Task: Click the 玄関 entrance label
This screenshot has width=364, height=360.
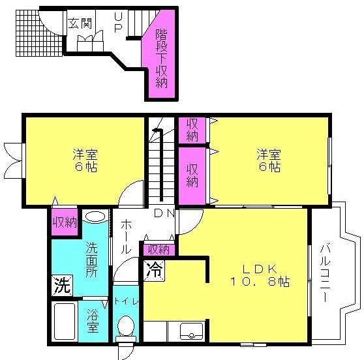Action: pos(80,23)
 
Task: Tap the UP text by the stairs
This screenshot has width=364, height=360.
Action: pos(118,22)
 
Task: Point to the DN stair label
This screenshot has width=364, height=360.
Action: pos(165,213)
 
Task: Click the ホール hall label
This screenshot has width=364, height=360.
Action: pos(126,237)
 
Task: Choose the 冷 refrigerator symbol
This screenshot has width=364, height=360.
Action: pos(154,271)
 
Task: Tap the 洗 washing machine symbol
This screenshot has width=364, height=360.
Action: pos(62,286)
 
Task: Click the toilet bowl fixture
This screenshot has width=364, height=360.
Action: pos(126,328)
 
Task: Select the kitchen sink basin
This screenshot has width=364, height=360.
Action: pos(192,331)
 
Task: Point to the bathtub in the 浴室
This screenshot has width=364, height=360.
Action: pos(65,322)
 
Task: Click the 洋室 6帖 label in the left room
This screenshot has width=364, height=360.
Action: pos(85,160)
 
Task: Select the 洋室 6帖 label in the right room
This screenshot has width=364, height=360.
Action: pos(269,160)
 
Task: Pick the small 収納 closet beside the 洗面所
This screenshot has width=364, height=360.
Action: pos(65,222)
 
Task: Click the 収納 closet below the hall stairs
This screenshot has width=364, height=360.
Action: pos(159,250)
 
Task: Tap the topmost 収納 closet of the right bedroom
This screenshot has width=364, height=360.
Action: pos(192,130)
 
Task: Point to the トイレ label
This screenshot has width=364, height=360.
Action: pos(126,301)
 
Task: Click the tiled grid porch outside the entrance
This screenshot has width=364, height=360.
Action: pos(39,33)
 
